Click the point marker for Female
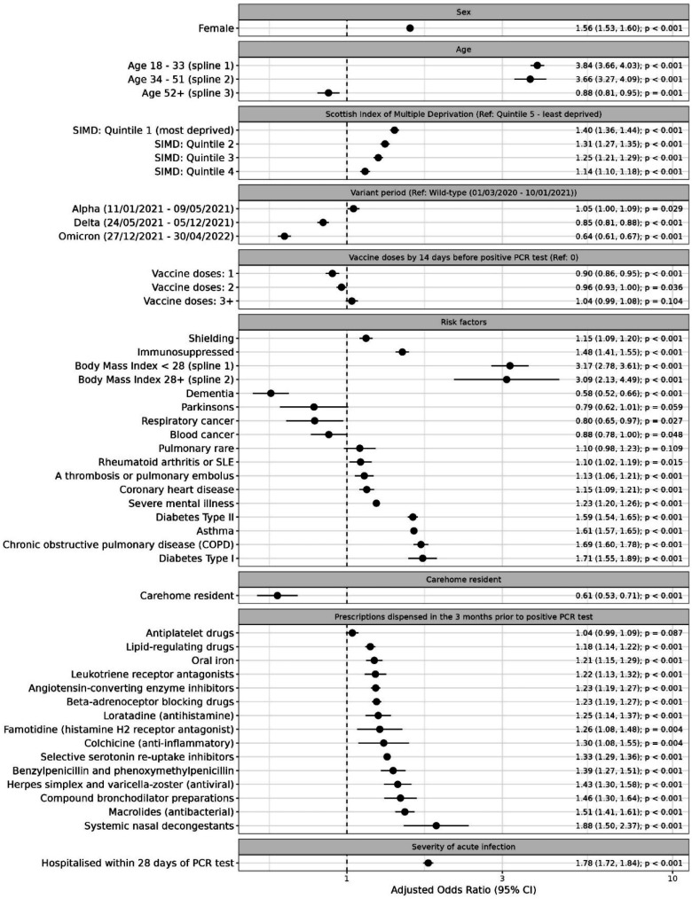click(x=410, y=28)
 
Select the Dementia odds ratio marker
click(x=271, y=393)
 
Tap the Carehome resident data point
click(x=277, y=621)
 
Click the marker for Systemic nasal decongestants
click(x=436, y=825)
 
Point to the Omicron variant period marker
click(x=284, y=236)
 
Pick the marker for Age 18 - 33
click(x=537, y=66)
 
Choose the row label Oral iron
click(x=209, y=685)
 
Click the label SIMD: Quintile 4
click(x=185, y=171)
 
